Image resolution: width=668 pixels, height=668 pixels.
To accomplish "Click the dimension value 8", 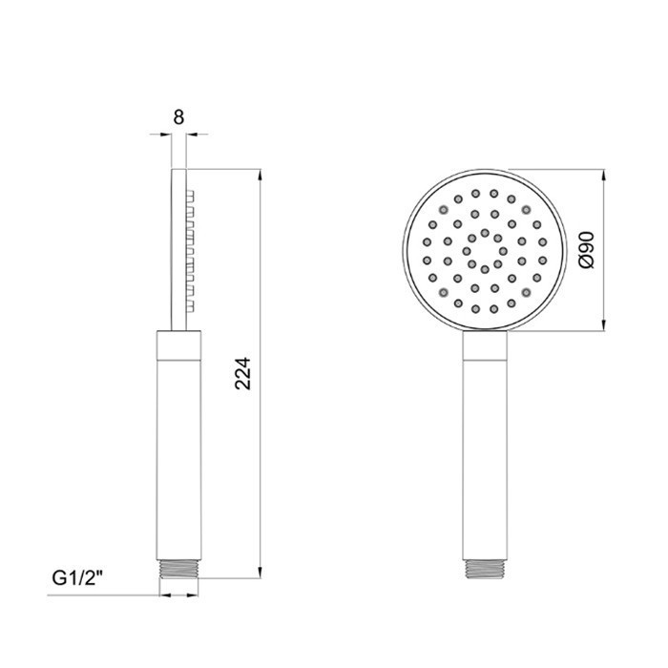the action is click(x=178, y=117).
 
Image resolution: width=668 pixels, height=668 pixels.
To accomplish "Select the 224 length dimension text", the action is click(x=243, y=374).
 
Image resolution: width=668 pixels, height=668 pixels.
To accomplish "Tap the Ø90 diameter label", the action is click(x=587, y=250).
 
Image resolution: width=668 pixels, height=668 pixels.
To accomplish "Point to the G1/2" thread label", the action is click(x=77, y=578).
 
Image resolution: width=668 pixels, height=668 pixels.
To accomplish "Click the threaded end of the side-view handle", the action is click(x=178, y=569).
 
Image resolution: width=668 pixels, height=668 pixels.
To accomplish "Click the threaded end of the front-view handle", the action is click(x=485, y=569).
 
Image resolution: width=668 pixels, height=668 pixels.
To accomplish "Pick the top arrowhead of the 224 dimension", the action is click(x=260, y=175).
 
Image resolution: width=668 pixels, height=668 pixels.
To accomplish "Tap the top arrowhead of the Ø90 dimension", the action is click(x=604, y=175).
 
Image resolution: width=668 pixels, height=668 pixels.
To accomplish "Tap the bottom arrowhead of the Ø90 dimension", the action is click(x=604, y=325).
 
